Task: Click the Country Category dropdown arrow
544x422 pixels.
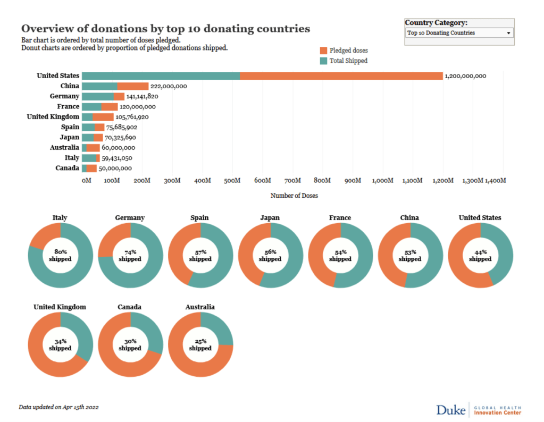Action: click(509, 33)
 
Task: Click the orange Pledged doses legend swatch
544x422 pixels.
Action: click(323, 50)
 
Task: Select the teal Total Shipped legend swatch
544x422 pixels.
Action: click(323, 61)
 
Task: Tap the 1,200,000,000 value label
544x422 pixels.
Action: click(465, 76)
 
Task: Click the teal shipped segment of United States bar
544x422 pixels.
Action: click(161, 76)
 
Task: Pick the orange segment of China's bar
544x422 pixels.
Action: click(132, 86)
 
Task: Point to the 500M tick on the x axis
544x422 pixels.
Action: click(232, 181)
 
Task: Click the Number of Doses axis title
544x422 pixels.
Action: click(294, 196)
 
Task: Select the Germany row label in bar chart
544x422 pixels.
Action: click(65, 96)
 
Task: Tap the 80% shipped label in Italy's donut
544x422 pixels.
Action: click(60, 256)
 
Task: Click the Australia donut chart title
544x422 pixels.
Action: click(200, 307)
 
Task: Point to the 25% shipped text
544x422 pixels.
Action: click(200, 345)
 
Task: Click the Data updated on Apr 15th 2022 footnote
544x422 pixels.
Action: click(58, 407)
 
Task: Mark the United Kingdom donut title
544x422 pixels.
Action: click(60, 307)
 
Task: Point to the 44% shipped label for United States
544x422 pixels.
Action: click(480, 256)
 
